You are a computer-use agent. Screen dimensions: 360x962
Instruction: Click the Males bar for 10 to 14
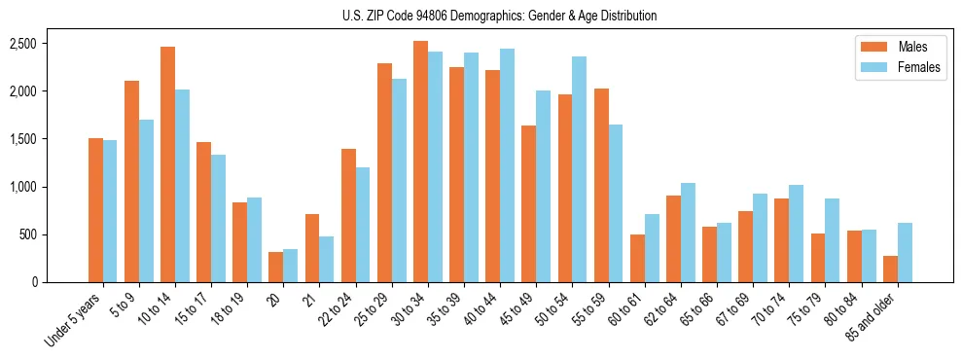coord(168,164)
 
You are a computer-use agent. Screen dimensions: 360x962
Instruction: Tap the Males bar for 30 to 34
coord(420,162)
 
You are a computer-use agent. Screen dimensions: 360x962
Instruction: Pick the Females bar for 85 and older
coord(905,253)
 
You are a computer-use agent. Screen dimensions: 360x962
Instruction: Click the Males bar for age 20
coord(276,268)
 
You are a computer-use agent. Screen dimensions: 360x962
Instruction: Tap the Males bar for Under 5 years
coord(95,210)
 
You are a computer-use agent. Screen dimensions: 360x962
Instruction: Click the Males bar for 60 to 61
coord(637,259)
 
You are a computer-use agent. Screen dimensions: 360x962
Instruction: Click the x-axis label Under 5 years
coord(75,320)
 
